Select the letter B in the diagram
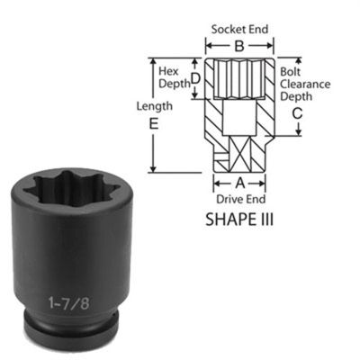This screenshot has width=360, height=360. coord(238,45)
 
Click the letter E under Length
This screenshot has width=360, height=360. coord(154,125)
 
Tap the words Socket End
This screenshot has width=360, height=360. coord(239,30)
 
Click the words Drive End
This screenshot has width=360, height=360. coord(238,197)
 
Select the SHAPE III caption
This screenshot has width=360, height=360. coord(238,217)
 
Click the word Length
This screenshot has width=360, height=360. coord(154,107)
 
